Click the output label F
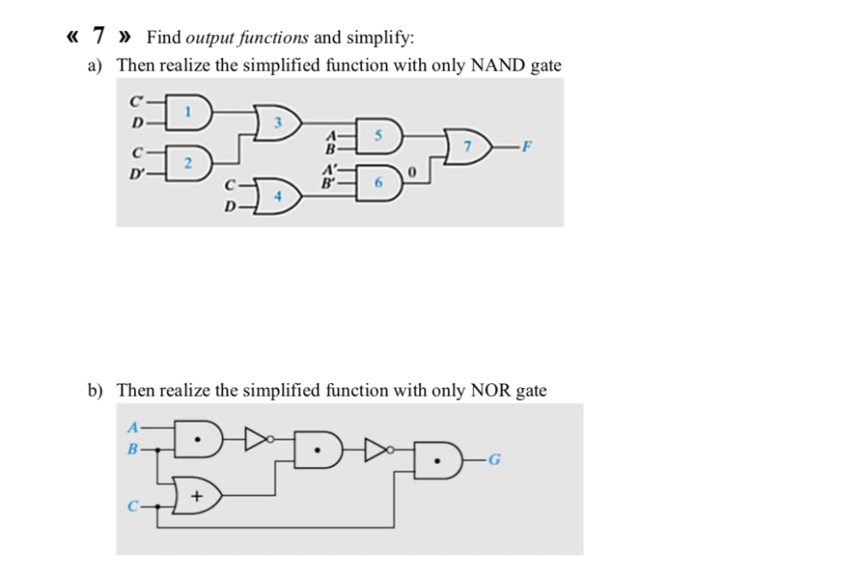[528, 148]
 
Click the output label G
[495, 460]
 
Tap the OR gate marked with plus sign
[197, 497]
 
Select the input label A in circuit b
[131, 426]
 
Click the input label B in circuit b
[131, 450]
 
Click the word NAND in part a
[498, 65]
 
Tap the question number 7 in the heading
[99, 36]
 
